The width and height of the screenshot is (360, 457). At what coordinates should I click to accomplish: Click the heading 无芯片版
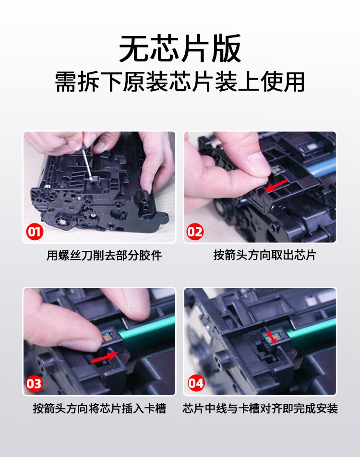[180, 48]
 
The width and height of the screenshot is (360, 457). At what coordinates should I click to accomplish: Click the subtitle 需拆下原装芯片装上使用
[180, 82]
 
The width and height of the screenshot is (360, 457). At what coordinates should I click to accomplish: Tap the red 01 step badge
[35, 232]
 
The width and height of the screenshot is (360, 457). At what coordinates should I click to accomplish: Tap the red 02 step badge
[195, 232]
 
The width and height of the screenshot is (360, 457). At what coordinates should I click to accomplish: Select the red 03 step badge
[35, 384]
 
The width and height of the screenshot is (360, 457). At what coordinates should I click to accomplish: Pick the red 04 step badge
[196, 383]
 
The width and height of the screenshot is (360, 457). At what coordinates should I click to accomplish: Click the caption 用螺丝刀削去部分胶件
[104, 255]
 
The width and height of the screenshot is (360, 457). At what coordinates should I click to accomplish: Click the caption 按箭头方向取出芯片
[264, 255]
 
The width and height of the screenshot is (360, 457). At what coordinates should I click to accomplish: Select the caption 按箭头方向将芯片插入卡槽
[99, 409]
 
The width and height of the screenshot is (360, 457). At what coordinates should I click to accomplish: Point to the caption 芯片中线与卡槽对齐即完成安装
[260, 409]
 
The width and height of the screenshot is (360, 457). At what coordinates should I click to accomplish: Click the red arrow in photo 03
[104, 357]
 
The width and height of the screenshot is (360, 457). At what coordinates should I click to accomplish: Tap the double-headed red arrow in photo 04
[272, 337]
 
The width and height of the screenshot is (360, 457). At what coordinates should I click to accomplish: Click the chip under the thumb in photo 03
[108, 336]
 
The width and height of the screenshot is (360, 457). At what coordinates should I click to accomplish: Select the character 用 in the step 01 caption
[52, 255]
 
